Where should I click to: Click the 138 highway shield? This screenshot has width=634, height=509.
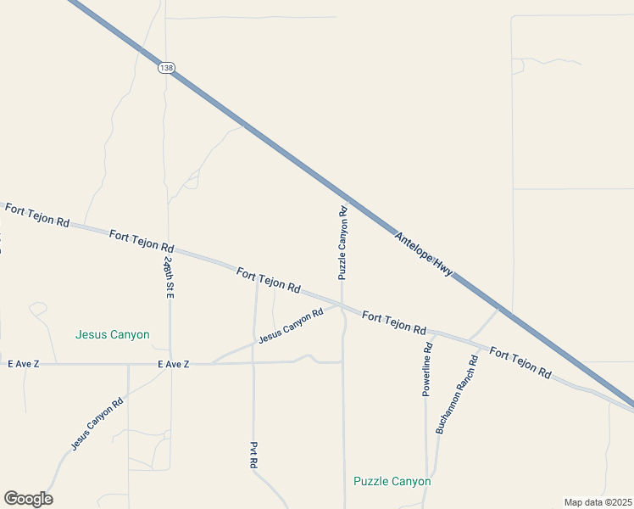164,66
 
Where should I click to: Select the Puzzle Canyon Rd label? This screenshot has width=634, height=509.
343,243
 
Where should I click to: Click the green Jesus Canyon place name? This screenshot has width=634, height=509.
113,334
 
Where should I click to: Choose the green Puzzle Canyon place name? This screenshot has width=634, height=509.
392,481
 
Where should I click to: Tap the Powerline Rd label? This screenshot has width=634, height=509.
428,370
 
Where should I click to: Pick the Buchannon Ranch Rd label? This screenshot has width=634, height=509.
457,394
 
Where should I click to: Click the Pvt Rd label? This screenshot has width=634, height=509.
253,456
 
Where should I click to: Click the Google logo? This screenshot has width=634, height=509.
28,499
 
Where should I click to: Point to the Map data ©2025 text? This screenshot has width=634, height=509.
598,502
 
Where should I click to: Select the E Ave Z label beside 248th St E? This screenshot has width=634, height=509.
174,364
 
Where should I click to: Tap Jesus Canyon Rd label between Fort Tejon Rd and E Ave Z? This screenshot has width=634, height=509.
292,325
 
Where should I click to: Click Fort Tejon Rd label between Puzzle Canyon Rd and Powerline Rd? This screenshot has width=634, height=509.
393,322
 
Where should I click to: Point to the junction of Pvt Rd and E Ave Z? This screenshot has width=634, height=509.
253,363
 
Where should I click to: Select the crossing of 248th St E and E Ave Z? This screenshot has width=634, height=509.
170,364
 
